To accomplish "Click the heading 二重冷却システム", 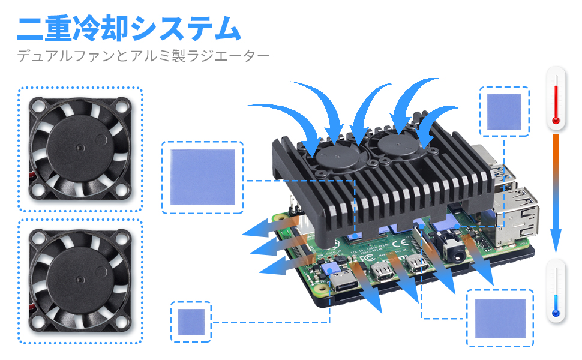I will (x=128, y=28).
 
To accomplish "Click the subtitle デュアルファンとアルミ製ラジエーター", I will (x=143, y=57).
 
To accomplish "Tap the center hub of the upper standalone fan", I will (x=80, y=148).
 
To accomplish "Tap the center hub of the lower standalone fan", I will (x=80, y=278).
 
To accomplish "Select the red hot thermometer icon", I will (x=556, y=98).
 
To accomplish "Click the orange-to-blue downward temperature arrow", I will (x=556, y=192).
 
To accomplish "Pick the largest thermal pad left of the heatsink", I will (x=202, y=177).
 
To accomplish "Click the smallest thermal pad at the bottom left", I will (x=191, y=322).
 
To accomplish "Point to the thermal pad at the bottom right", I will (x=500, y=319).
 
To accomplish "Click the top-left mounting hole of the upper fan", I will (x=38, y=106).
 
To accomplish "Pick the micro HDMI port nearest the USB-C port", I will (x=380, y=271).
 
